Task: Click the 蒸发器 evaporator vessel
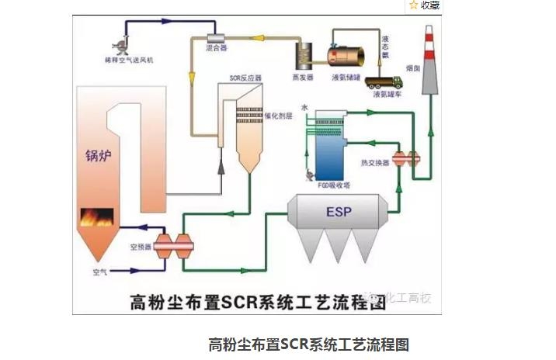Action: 304,52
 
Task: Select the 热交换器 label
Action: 377,163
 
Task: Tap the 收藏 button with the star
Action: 425,5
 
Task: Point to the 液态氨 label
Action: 386,45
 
